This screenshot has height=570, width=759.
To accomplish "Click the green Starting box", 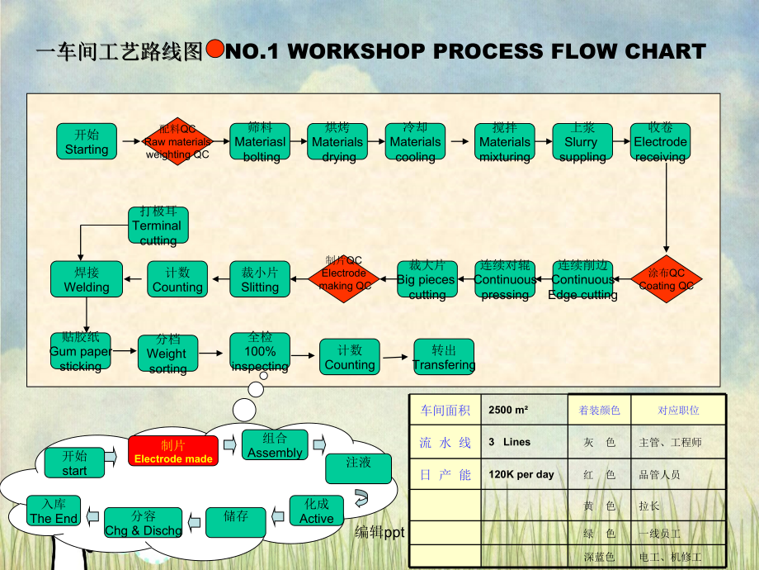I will coord(87,141).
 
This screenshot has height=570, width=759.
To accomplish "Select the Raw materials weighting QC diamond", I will coord(177,141).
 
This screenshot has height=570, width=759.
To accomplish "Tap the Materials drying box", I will coord(337,141).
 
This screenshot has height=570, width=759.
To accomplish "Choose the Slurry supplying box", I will coord(582,141).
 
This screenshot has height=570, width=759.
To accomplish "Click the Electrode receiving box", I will coord(660,141).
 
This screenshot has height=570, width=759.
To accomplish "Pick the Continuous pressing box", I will coord(505,279).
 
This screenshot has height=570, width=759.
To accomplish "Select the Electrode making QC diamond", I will coord(344,279).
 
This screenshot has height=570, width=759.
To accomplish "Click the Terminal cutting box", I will coord(158,225).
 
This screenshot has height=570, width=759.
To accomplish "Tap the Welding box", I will coord(87,279).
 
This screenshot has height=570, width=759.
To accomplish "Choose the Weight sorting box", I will coord(167,354).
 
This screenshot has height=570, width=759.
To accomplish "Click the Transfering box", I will coord(444,357).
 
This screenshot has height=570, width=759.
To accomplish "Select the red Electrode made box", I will coord(173,451).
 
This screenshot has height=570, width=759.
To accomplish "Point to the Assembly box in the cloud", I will coord(275,445).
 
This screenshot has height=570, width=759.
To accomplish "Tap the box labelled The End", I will coord(54,511).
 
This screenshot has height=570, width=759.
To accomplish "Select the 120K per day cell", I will coord(521,474).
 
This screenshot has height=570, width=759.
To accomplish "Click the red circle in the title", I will coord(214,50).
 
